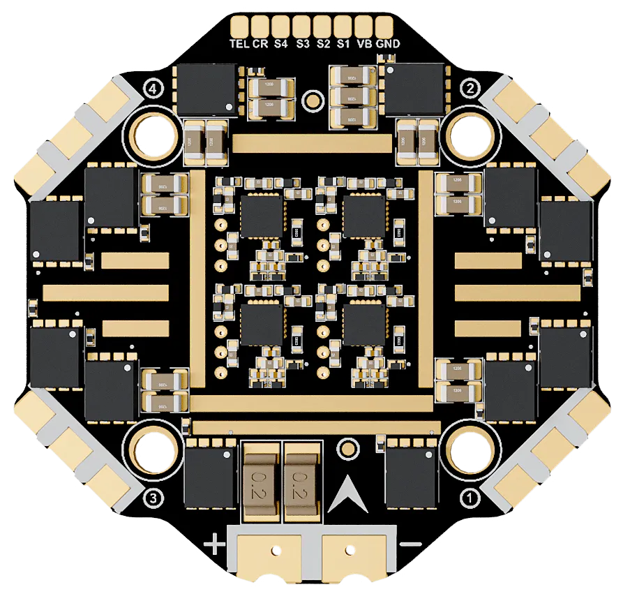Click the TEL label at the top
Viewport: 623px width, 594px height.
[x=239, y=43]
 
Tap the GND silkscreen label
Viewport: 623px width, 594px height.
[x=388, y=43]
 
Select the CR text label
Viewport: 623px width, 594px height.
[x=260, y=43]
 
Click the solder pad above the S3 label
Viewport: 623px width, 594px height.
[x=301, y=26]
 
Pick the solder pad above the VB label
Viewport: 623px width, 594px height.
[x=363, y=26]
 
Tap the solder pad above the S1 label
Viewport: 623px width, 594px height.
[x=343, y=26]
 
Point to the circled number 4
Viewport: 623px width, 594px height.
[x=153, y=88]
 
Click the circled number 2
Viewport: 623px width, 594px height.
[x=470, y=88]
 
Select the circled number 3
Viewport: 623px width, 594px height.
[x=153, y=498]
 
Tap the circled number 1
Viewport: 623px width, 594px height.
[x=470, y=498]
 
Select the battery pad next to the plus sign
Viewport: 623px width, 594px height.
[x=270, y=554]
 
